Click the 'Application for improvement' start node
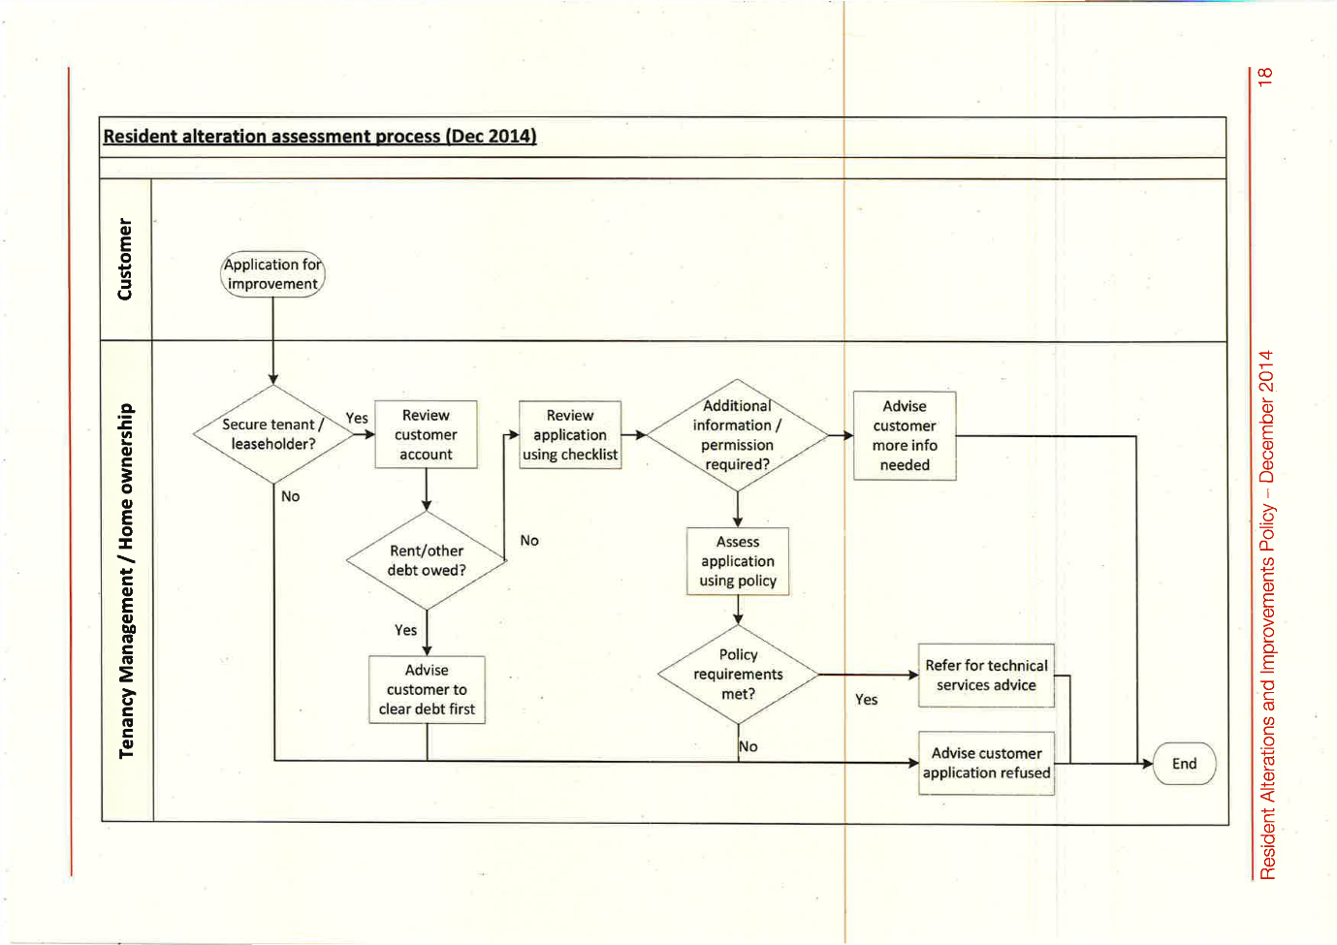coord(272,274)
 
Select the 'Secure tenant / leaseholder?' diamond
coord(272,434)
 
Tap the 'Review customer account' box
coord(426,434)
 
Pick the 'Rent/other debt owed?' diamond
coord(427,560)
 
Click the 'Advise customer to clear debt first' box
coord(427,689)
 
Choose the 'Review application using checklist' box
coord(570,435)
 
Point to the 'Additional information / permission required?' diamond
coord(737,435)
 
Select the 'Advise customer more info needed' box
coord(905,435)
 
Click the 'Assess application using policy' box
coord(738,561)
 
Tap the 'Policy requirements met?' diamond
coord(738,675)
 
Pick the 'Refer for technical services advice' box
coord(986,676)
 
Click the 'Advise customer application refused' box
coord(986,763)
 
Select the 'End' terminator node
coord(1184,764)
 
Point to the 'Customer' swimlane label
coord(125,259)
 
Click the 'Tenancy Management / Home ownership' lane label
coord(126,581)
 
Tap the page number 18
coord(1264,77)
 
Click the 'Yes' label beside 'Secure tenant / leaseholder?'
coord(357,419)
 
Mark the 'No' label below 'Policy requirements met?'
coord(748,746)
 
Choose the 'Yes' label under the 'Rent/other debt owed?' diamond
coord(405,630)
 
